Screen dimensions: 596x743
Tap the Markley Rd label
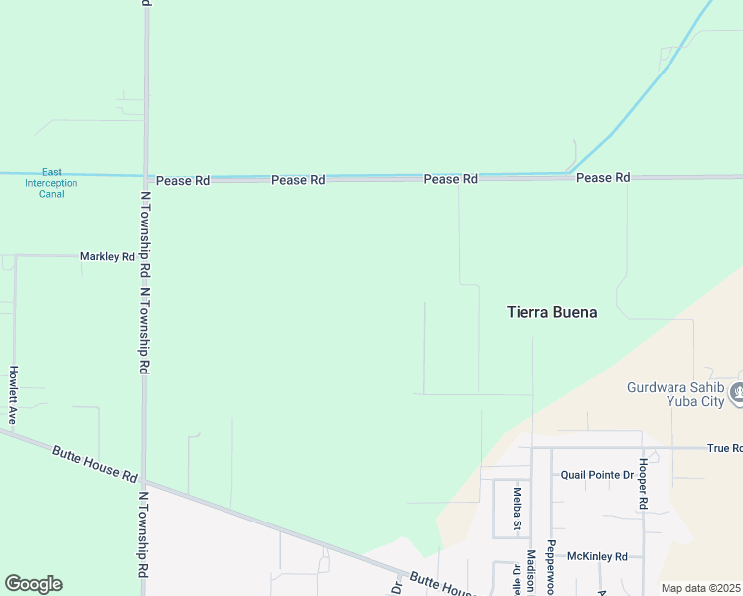point(107,256)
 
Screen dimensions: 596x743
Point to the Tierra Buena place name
point(552,312)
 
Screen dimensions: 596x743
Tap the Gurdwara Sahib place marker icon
point(736,393)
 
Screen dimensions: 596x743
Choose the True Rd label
point(724,448)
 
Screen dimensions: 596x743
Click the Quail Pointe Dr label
point(596,475)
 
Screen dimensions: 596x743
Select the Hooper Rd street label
point(643,485)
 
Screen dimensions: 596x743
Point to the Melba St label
point(517,508)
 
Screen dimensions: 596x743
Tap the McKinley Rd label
point(596,556)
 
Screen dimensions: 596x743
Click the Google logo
point(33,584)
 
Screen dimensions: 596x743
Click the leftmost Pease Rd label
point(182,181)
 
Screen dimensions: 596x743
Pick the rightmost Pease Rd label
point(603,178)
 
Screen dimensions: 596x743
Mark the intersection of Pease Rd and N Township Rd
point(145,180)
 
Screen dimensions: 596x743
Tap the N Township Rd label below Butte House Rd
point(143,536)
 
